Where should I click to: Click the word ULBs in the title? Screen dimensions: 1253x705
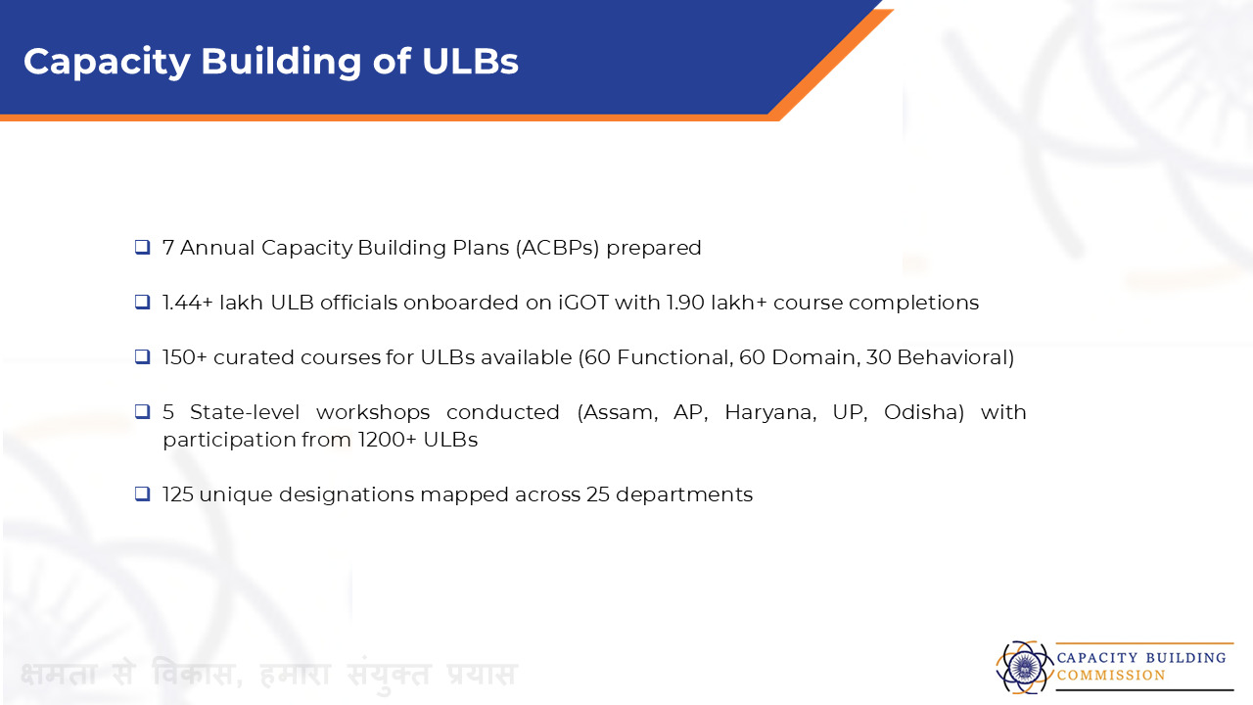pyautogui.click(x=470, y=61)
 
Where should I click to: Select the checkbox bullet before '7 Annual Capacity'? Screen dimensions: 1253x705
pyautogui.click(x=143, y=247)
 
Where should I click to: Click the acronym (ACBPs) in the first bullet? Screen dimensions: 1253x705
pyautogui.click(x=557, y=248)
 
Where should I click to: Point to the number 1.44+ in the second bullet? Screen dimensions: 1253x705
pyautogui.click(x=188, y=303)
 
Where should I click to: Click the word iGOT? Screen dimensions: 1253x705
pyautogui.click(x=583, y=303)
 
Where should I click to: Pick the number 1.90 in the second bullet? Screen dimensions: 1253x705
pyautogui.click(x=685, y=303)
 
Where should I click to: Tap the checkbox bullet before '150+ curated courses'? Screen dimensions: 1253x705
pyautogui.click(x=143, y=356)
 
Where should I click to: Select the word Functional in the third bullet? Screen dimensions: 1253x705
pyautogui.click(x=675, y=357)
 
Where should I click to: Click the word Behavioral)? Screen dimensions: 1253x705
pyautogui.click(x=956, y=357)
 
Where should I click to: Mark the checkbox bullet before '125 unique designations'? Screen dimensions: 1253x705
pyautogui.click(x=143, y=493)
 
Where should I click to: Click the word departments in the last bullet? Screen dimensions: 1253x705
pyautogui.click(x=684, y=495)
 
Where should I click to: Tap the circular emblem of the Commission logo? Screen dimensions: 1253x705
pyautogui.click(x=1024, y=668)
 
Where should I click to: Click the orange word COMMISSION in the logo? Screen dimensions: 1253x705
pyautogui.click(x=1111, y=676)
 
